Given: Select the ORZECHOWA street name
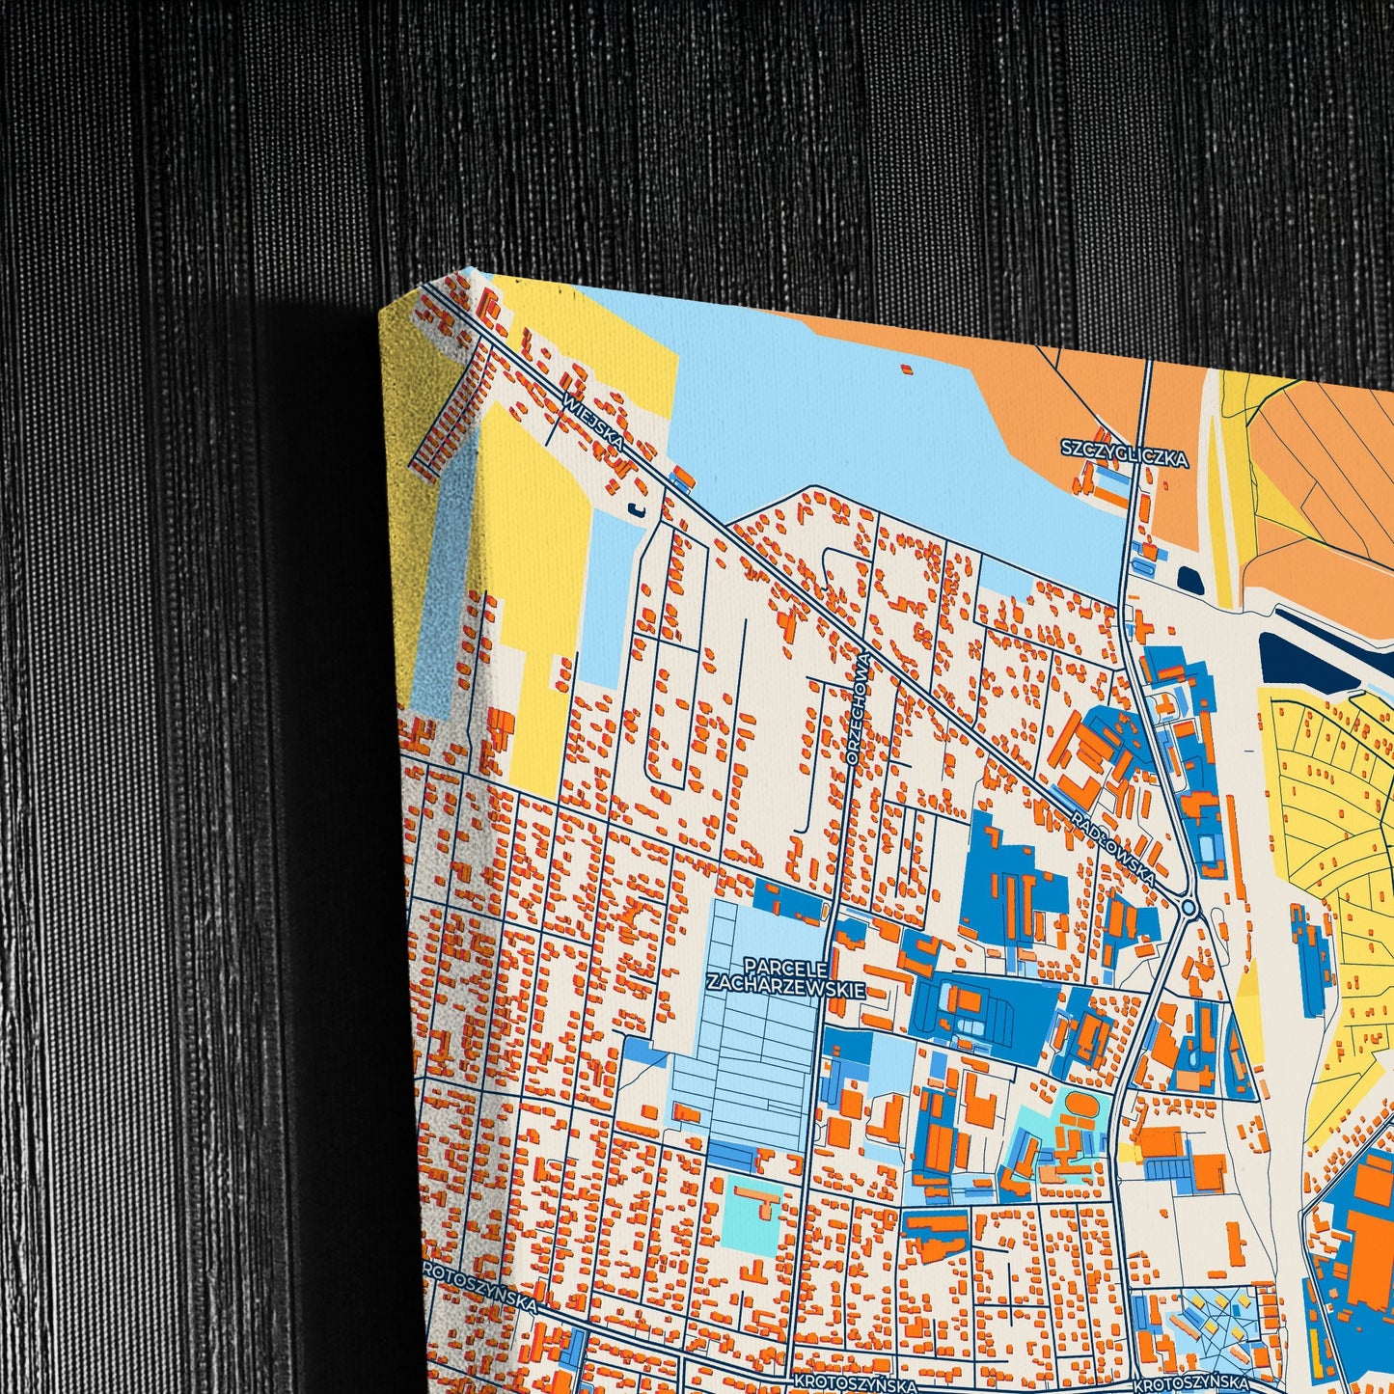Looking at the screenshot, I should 861,708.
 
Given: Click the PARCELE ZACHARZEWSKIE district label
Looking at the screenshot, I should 785,973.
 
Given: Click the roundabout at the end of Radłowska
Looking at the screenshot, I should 1189,908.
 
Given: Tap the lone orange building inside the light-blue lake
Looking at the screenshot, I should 905,368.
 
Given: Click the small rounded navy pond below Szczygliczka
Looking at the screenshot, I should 1188,581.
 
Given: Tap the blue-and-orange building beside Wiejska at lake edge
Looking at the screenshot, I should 683,478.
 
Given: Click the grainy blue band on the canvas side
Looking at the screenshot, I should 439,598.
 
